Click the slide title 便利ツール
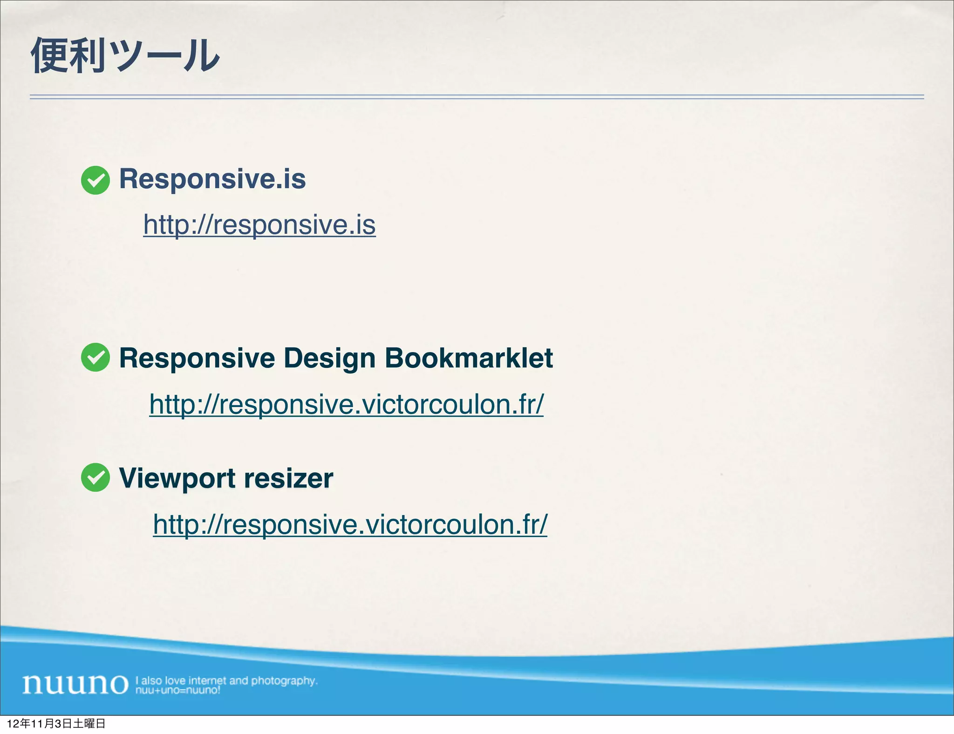click(x=125, y=55)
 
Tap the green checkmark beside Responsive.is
click(x=95, y=180)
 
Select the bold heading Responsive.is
click(x=212, y=179)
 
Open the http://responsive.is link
click(x=259, y=224)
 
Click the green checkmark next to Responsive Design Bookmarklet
click(x=95, y=357)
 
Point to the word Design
click(x=329, y=359)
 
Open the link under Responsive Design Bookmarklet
click(x=346, y=404)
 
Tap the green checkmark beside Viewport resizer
click(x=95, y=477)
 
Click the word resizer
click(x=288, y=478)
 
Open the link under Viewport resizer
click(x=350, y=524)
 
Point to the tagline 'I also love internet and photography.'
click(x=226, y=680)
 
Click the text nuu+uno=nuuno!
click(x=177, y=690)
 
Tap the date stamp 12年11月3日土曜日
click(x=56, y=723)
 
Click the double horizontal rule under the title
click(x=477, y=97)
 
